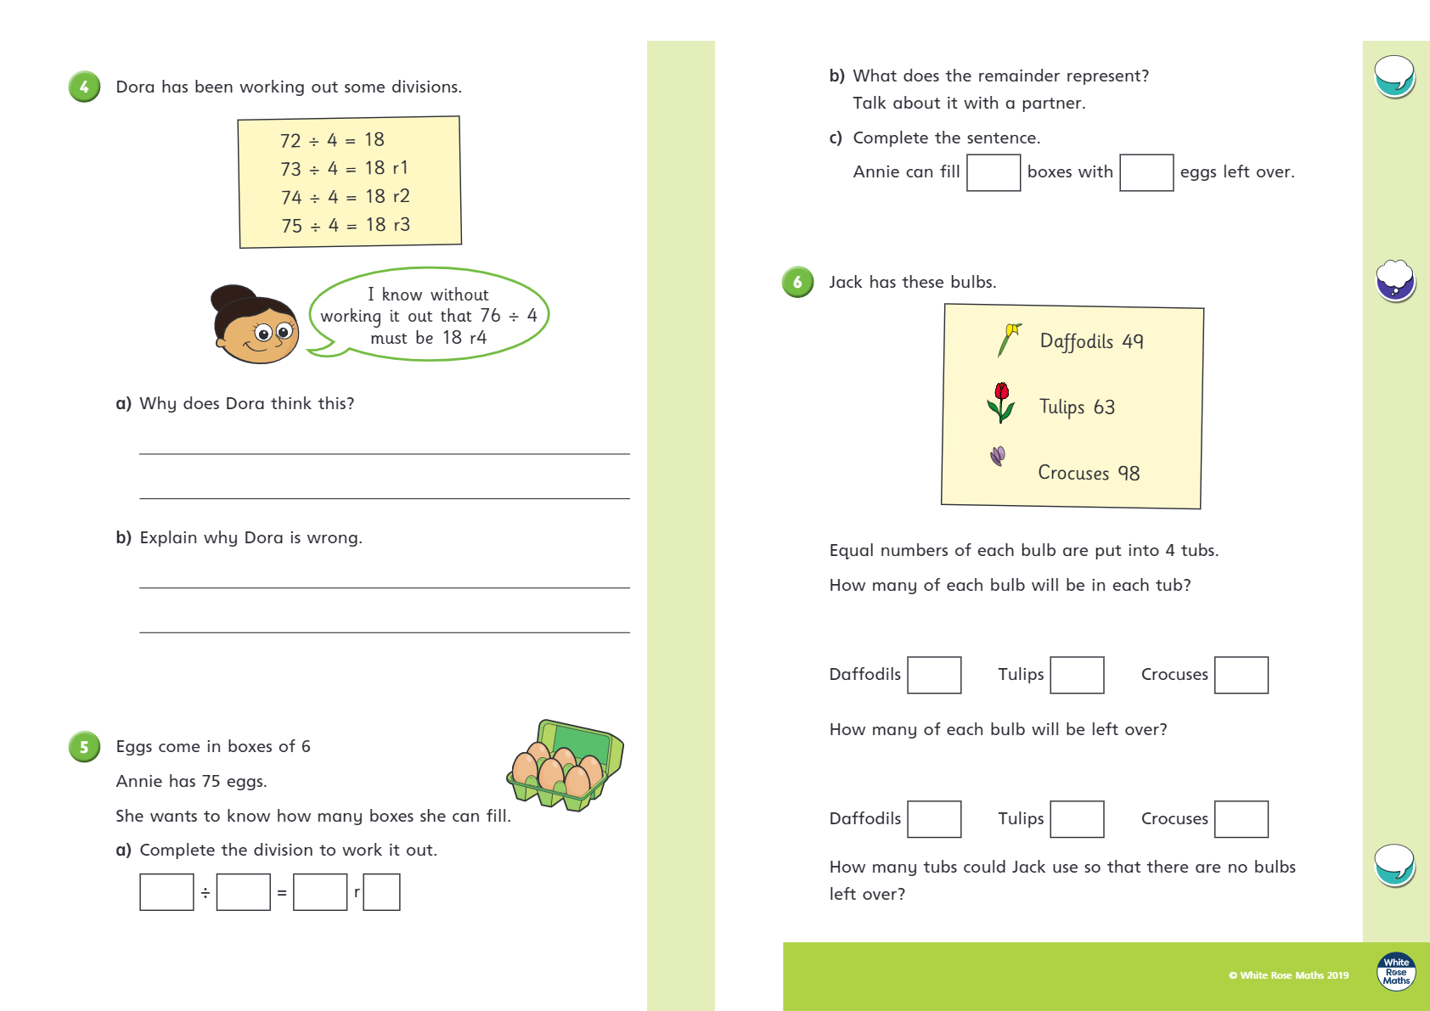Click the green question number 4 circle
(x=84, y=87)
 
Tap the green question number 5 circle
(x=84, y=747)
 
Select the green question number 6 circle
(x=797, y=282)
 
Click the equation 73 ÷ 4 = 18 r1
(x=344, y=168)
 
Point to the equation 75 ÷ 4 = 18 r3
(x=346, y=225)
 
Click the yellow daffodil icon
(x=1009, y=340)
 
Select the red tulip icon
(x=1001, y=402)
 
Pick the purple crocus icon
(x=998, y=457)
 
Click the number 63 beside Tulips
(x=1104, y=407)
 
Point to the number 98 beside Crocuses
(x=1129, y=473)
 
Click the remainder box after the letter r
(x=381, y=892)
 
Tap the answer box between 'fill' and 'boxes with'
(x=994, y=172)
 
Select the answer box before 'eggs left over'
(x=1146, y=172)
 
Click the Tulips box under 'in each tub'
(x=1077, y=675)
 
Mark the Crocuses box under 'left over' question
(x=1241, y=819)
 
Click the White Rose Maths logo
(x=1396, y=971)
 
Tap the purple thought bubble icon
(x=1395, y=280)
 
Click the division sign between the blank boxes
(x=205, y=893)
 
